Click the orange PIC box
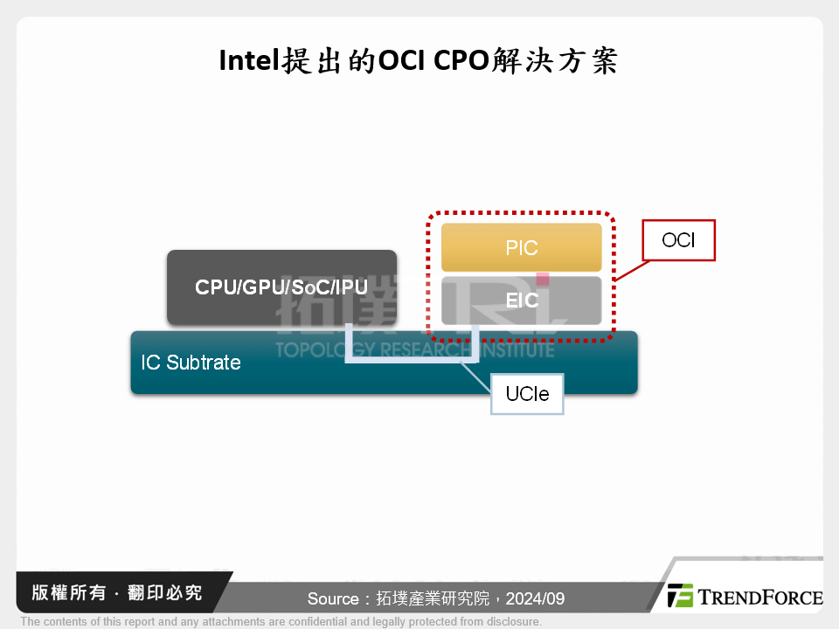tap(521, 247)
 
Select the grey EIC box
tap(521, 301)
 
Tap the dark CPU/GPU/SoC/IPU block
tap(281, 287)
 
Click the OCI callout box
tap(678, 239)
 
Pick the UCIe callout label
tap(527, 394)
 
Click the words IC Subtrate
tap(191, 363)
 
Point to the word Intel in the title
tap(247, 60)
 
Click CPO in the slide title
tap(462, 60)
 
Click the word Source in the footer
tap(332, 599)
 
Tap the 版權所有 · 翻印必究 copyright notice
tap(117, 593)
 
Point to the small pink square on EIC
tap(542, 280)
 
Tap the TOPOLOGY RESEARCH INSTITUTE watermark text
tap(414, 350)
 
